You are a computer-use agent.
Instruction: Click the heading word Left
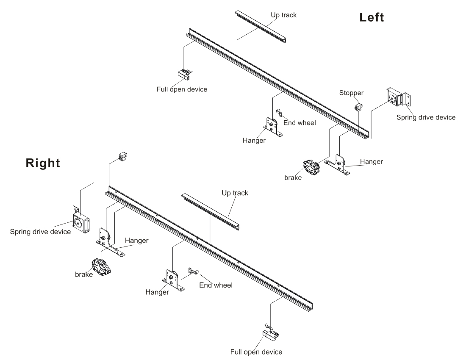pos(372,17)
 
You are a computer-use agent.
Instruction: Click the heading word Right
pos(43,163)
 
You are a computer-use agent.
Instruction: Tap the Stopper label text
pos(351,92)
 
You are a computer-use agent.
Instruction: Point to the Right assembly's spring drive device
pos(80,220)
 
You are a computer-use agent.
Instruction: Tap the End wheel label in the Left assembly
pos(300,123)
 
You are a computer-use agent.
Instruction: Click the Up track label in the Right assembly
pos(235,193)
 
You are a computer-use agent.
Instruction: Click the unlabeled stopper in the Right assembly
pos(123,157)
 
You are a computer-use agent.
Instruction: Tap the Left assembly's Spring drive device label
pos(426,117)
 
